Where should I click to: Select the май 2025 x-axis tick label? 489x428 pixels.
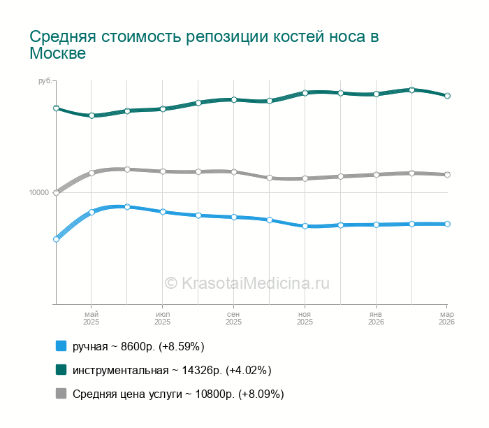coord(92,318)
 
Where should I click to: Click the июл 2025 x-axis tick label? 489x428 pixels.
coord(163,318)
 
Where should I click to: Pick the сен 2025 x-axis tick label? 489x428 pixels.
coord(234,318)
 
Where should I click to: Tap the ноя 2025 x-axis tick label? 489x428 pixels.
coord(305,318)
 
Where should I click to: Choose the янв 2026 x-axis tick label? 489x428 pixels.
coord(376,318)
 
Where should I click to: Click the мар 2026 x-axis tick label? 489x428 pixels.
coord(446,318)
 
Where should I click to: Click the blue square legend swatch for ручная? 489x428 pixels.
coord(61,346)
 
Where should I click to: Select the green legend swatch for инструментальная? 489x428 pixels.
coord(61,370)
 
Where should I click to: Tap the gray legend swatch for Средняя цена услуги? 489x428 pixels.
coord(61,394)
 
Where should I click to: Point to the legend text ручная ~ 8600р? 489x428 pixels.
coord(138,346)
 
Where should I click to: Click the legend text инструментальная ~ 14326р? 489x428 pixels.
coord(172,370)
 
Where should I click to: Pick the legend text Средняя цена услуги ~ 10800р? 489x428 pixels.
coord(178,394)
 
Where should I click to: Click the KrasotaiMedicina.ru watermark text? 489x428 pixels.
coord(247,283)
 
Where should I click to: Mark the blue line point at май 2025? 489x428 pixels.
coord(92,212)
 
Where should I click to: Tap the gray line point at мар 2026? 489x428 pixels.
coord(447,175)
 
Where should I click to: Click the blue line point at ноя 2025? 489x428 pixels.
coord(305,227)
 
